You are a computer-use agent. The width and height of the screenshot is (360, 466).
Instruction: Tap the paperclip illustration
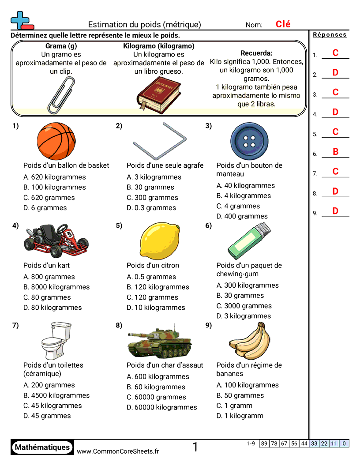pyautogui.click(x=60, y=94)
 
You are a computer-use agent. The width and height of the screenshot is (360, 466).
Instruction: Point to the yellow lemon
pyautogui.click(x=160, y=241)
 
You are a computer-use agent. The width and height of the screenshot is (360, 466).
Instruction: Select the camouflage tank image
pyautogui.click(x=160, y=342)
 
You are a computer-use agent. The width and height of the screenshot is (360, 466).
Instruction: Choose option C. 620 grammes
pyautogui.click(x=49, y=198)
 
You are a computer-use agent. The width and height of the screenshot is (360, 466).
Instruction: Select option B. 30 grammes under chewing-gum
pyautogui.click(x=240, y=296)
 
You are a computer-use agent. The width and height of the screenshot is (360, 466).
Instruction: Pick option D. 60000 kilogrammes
pyautogui.click(x=161, y=407)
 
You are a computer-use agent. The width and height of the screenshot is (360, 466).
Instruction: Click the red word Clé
pyautogui.click(x=283, y=25)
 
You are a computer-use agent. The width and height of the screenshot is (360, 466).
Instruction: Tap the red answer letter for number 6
pyautogui.click(x=335, y=152)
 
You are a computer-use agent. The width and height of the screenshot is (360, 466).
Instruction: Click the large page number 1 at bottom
pyautogui.click(x=195, y=447)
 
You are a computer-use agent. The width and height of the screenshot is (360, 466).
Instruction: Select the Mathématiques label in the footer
pyautogui.click(x=42, y=447)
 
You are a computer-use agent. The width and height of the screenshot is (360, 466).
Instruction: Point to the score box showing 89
pyautogui.click(x=264, y=443)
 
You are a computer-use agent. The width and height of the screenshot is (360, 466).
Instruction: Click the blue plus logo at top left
pyautogui.click(x=20, y=20)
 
